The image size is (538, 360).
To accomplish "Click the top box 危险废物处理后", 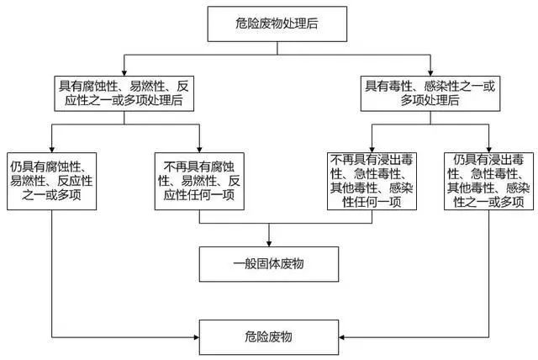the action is pyautogui.click(x=277, y=24).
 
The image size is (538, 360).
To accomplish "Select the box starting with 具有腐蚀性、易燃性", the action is pyautogui.click(x=124, y=93).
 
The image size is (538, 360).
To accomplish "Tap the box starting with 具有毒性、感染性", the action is pyautogui.click(x=430, y=93).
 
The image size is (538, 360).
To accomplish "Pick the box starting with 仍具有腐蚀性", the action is pyautogui.click(x=52, y=181).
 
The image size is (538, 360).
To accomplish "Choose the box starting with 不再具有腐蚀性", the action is pyautogui.click(x=199, y=181).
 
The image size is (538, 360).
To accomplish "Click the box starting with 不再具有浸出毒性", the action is pyautogui.click(x=372, y=181).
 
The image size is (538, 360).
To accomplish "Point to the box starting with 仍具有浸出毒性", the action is pyautogui.click(x=489, y=181).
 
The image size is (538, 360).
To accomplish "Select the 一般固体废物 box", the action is pyautogui.click(x=269, y=264).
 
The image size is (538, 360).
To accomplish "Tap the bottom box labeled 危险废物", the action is pyautogui.click(x=269, y=337).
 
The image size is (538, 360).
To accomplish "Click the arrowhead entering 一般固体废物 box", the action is pyautogui.click(x=269, y=244).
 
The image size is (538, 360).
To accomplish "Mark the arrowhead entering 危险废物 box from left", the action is pyautogui.click(x=196, y=337).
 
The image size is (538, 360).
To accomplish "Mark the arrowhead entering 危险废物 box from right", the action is pyautogui.click(x=342, y=337).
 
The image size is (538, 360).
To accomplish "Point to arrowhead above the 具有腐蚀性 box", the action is pyautogui.click(x=124, y=73).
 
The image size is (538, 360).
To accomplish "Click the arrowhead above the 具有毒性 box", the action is pyautogui.click(x=430, y=73).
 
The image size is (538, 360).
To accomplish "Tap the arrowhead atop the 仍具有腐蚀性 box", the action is pyautogui.click(x=52, y=150).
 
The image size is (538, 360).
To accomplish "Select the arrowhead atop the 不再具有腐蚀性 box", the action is pyautogui.click(x=199, y=150).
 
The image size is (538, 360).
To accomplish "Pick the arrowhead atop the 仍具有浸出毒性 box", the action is pyautogui.click(x=489, y=150).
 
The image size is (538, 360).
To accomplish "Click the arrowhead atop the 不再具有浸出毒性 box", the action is pyautogui.click(x=372, y=150).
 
